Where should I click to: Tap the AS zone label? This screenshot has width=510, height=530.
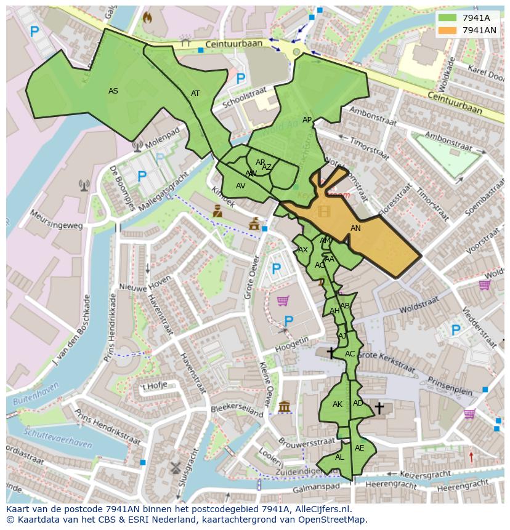pos(113,91)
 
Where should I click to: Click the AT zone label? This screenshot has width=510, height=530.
pos(195,94)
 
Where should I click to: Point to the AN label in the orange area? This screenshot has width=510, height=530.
pos(355,228)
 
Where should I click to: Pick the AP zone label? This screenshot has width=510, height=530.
pos(307,120)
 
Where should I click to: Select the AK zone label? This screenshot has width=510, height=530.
pos(337,404)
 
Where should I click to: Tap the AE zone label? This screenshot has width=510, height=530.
pos(360,448)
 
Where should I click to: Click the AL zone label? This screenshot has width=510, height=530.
pos(339,457)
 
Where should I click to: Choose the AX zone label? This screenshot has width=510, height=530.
pos(302,250)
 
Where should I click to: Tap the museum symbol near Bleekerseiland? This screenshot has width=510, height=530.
pos(284,407)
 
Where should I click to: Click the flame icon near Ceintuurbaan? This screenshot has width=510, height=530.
pos(147,18)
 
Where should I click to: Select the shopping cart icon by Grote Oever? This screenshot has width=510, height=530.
pos(283,300)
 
